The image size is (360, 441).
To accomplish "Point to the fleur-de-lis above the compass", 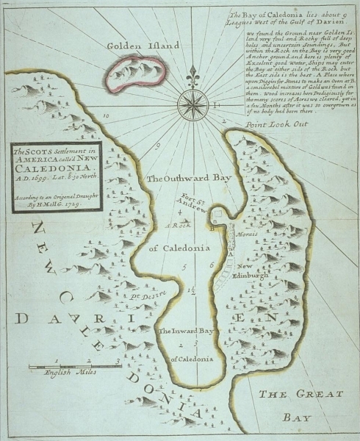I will click(193, 75).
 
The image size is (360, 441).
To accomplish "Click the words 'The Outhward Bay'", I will click(189, 179).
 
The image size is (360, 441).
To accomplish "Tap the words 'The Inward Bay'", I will click(187, 331).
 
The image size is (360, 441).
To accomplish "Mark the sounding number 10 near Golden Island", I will click(107, 116).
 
